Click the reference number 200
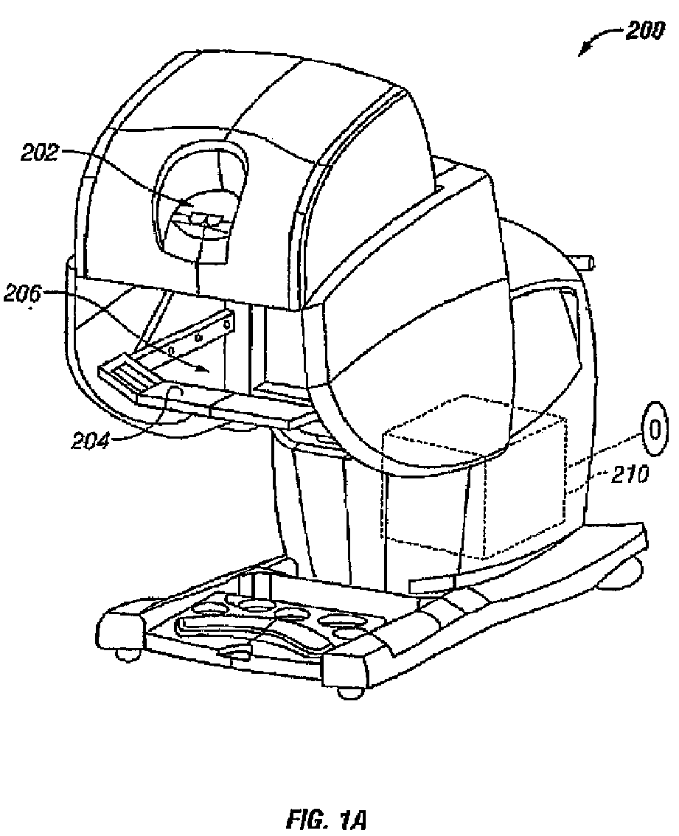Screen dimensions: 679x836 point(644,31)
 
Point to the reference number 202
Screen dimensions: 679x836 point(39,153)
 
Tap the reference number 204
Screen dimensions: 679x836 point(90,440)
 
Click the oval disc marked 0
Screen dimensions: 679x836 point(656,428)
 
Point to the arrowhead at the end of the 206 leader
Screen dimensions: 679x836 point(198,368)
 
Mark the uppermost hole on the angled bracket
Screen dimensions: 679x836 point(229,323)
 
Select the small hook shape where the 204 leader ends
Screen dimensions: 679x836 point(173,392)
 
